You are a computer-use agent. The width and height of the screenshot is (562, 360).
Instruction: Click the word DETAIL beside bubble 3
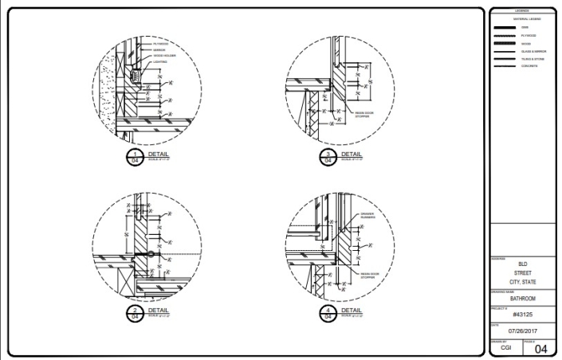pyautogui.click(x=351, y=152)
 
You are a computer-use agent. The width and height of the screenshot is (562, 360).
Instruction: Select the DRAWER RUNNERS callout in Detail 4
pyautogui.click(x=367, y=215)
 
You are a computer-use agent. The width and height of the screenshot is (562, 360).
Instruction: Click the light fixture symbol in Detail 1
pyautogui.click(x=136, y=76)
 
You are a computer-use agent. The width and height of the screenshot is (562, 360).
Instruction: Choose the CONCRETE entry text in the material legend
pyautogui.click(x=529, y=65)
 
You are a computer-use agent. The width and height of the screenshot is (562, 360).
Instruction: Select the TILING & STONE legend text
pyautogui.click(x=532, y=58)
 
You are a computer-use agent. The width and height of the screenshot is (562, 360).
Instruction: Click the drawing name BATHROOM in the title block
pyautogui.click(x=522, y=299)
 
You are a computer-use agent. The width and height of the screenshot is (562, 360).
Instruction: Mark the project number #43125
pyautogui.click(x=522, y=314)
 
